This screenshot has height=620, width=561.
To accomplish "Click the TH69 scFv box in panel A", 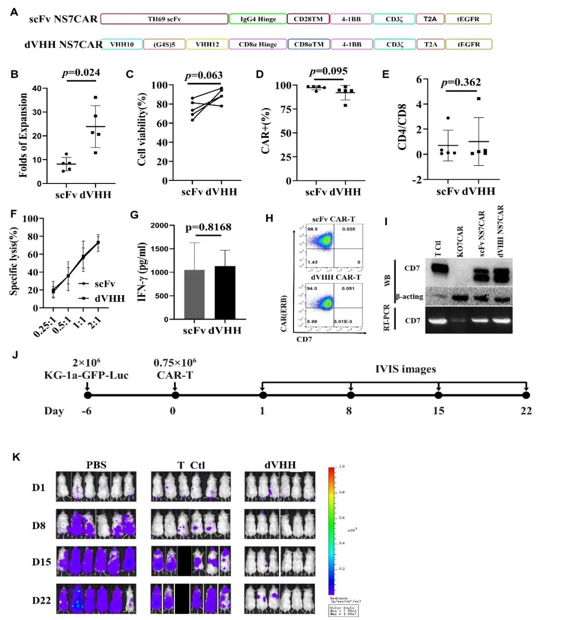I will tap(164, 19).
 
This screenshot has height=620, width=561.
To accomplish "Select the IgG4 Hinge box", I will tap(258, 19).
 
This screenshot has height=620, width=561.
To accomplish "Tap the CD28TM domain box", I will tap(308, 19).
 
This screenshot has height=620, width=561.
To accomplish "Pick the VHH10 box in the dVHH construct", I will tap(122, 44).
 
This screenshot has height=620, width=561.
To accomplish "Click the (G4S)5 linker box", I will tap(164, 44).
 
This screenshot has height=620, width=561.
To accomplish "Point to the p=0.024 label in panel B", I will tap(81, 72).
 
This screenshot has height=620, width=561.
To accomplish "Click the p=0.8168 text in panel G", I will tap(208, 227).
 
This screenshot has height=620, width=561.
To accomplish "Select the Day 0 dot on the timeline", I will tap(175, 395).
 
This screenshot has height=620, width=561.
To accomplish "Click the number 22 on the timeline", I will tap(526, 411).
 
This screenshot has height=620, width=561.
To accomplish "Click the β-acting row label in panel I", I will tap(409, 297).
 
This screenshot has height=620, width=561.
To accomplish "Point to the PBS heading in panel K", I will tap(96, 465).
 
